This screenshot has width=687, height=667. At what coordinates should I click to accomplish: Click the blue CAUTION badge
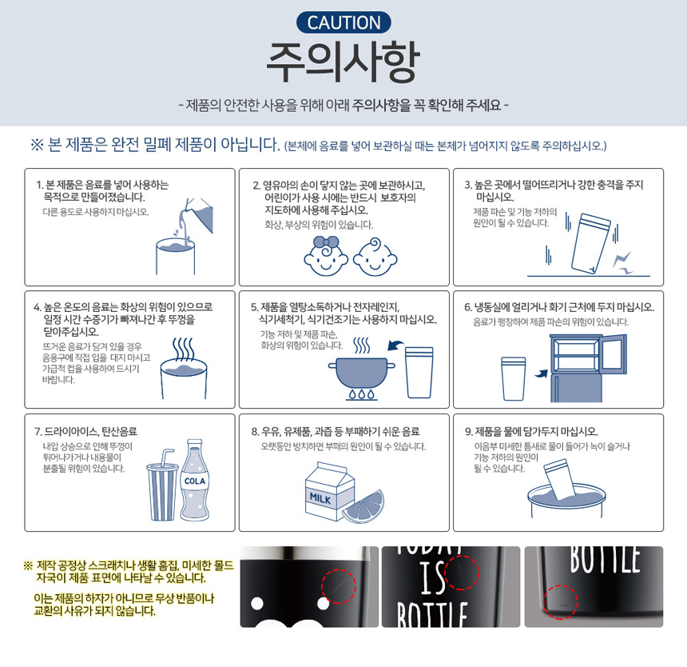(343, 22)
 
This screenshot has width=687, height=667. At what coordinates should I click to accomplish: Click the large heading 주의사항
(343, 62)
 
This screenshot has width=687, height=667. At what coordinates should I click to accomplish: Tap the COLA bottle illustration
(195, 480)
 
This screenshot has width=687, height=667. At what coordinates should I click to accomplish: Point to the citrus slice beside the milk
(363, 507)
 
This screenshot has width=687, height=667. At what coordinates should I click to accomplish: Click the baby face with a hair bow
(326, 256)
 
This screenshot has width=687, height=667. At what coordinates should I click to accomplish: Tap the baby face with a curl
(375, 257)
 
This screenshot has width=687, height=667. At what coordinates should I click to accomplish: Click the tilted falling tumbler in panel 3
(590, 243)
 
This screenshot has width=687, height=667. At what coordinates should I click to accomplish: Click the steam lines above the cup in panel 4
(183, 349)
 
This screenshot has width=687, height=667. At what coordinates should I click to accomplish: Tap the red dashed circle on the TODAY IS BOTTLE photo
(462, 573)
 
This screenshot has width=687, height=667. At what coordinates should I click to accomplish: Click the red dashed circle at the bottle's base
(561, 601)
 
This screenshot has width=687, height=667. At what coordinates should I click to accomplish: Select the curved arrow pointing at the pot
(395, 345)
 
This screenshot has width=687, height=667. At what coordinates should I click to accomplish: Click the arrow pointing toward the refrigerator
(542, 373)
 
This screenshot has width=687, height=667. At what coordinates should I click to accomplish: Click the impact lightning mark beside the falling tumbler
(622, 262)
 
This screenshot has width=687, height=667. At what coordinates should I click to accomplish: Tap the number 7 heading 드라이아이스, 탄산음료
(86, 432)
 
